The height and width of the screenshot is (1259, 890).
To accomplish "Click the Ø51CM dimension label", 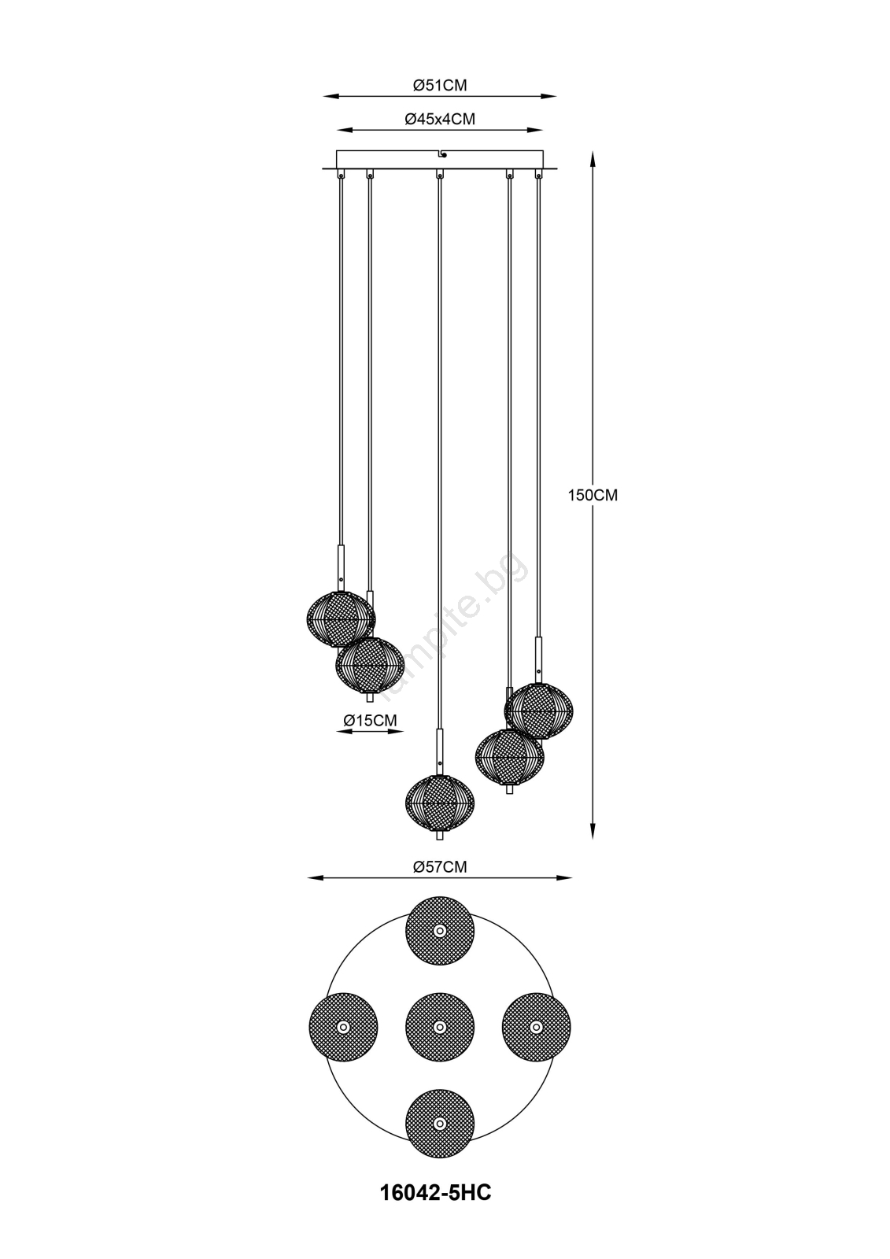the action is tap(440, 85).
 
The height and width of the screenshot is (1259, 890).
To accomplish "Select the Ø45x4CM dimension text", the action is tap(440, 119).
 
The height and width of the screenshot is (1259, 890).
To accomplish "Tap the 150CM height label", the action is tap(593, 495).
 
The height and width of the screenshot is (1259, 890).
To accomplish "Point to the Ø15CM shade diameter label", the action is tap(370, 720).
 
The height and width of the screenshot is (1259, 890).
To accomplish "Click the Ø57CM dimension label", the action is tap(440, 866).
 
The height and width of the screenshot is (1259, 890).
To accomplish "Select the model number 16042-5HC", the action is tap(436, 1204).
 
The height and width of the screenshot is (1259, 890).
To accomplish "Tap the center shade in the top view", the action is tap(440, 1027).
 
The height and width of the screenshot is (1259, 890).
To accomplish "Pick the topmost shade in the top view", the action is tap(440, 931).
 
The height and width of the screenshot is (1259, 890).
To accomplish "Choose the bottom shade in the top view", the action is tap(440, 1124).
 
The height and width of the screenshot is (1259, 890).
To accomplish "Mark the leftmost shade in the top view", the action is tap(343, 1027).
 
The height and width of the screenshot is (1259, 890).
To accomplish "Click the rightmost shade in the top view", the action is tap(537, 1027).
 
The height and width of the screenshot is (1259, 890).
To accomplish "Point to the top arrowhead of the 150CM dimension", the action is tap(593, 158).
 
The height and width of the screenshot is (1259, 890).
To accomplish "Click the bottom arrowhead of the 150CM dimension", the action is tap(593, 831).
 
